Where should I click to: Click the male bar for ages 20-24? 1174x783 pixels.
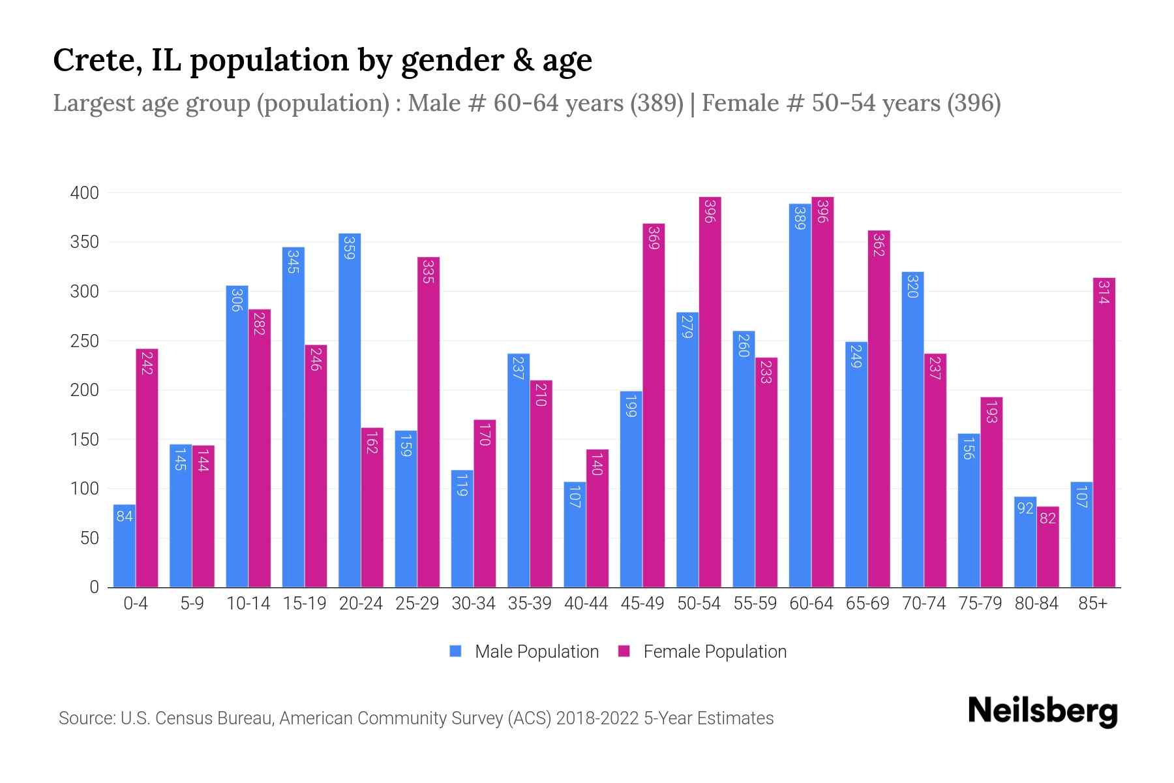tap(350, 411)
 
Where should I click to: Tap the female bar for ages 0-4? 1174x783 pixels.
tap(147, 468)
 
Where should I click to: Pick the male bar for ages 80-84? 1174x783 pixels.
tap(1025, 542)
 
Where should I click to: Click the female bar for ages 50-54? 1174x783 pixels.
tap(710, 392)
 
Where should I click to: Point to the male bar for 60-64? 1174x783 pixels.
tap(800, 395)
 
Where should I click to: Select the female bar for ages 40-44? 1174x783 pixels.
tap(597, 519)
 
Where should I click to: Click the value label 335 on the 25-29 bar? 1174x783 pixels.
tap(428, 271)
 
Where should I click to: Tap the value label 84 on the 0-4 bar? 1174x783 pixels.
tap(125, 517)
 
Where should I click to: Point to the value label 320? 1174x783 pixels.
tap(912, 286)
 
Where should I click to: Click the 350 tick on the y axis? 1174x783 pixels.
tap(85, 242)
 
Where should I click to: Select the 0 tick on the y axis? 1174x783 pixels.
tap(94, 587)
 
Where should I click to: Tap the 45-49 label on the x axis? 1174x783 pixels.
tap(642, 604)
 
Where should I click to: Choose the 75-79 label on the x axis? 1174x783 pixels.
tap(980, 604)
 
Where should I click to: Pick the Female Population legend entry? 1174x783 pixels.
tap(702, 652)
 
